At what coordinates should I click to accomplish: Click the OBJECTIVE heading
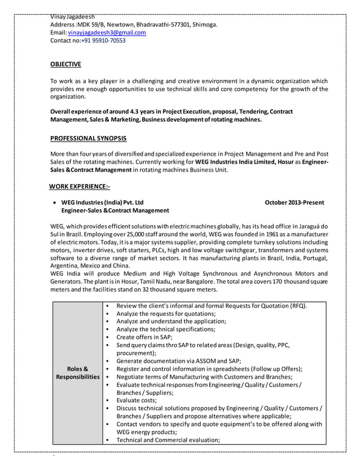coord(65,64)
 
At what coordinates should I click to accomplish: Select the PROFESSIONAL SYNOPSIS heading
coord(89,138)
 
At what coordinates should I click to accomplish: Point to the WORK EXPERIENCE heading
coord(80,186)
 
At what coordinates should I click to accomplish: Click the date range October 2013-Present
coord(295,202)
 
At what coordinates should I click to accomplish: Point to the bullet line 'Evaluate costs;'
coord(137,400)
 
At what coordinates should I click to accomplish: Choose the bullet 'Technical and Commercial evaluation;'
coord(168,440)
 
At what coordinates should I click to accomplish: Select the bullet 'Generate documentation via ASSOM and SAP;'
coord(179,361)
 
